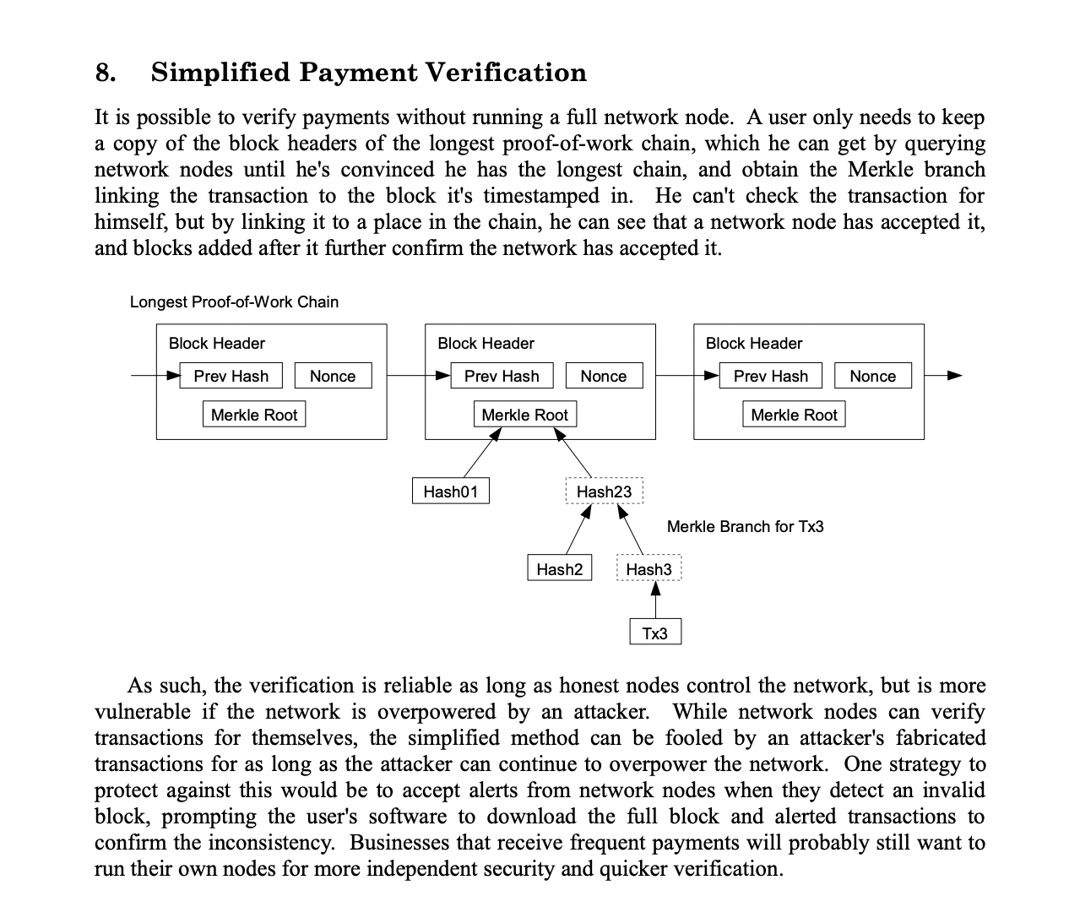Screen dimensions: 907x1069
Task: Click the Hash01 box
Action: pos(450,492)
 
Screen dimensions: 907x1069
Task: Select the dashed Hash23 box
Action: pos(604,492)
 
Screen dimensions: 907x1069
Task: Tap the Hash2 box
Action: pos(559,568)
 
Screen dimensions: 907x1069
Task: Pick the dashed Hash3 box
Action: pos(648,568)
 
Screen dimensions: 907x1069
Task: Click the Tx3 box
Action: pos(654,633)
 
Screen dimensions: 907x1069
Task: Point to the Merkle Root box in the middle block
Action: pos(524,415)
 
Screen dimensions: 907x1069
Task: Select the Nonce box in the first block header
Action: pos(333,376)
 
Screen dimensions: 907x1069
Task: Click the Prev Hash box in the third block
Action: pos(770,376)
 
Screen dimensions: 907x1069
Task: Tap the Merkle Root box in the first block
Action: pos(254,415)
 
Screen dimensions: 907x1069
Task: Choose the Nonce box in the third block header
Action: pos(872,376)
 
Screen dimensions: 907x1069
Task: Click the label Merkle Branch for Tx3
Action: pos(745,526)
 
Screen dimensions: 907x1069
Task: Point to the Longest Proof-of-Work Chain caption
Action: pos(234,301)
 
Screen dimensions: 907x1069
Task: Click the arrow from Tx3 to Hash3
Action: pos(655,600)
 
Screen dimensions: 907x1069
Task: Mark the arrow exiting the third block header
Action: pos(943,376)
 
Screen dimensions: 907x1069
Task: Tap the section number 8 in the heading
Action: pos(105,73)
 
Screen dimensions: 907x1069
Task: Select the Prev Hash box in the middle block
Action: pos(501,376)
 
